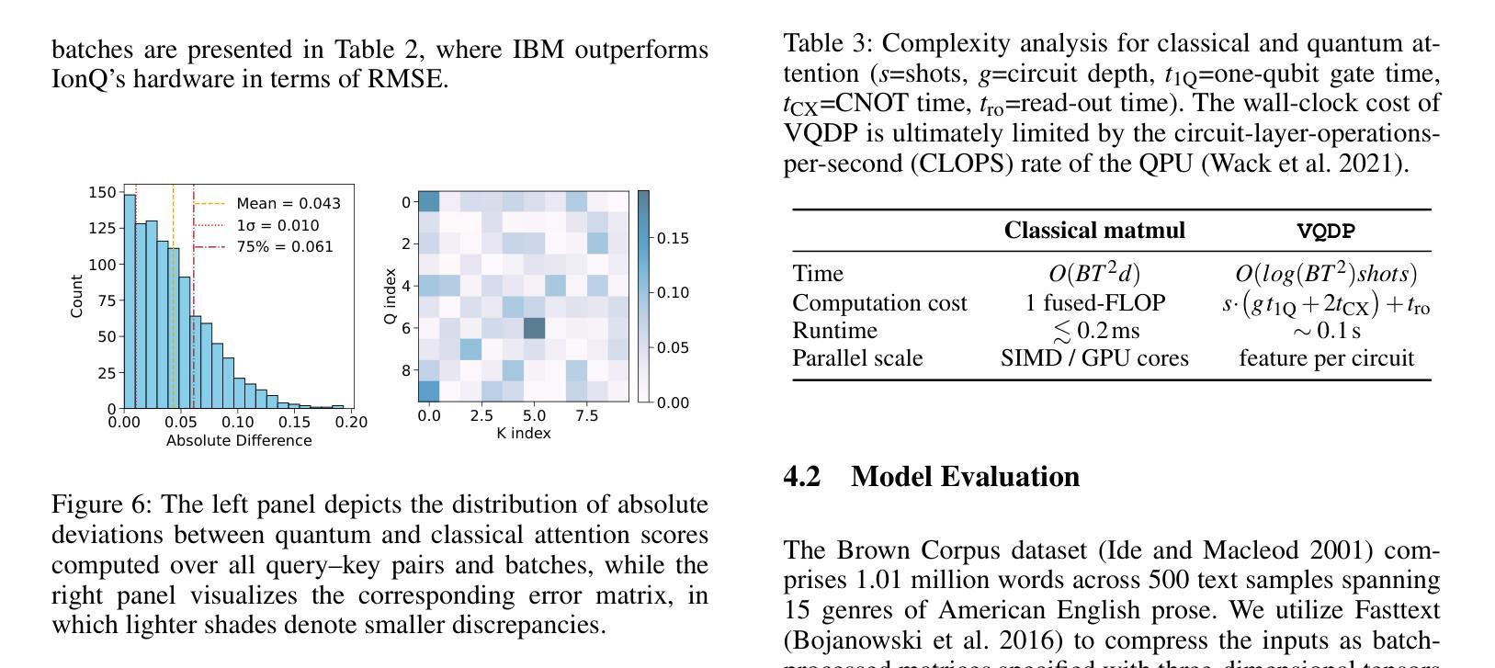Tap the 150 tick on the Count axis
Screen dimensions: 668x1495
(x=102, y=192)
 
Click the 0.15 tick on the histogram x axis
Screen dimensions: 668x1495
(x=295, y=423)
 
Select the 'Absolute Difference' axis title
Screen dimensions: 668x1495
(x=239, y=441)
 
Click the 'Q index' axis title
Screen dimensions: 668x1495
(x=391, y=296)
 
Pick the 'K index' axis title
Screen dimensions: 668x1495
(x=524, y=433)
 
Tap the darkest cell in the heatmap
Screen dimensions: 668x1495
(x=534, y=328)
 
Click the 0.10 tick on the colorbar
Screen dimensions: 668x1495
(x=673, y=293)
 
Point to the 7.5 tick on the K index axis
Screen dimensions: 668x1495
(x=586, y=416)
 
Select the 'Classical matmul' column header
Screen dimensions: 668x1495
(x=1094, y=231)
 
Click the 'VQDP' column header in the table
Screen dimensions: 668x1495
(x=1326, y=232)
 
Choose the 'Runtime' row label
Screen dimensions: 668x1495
(x=834, y=331)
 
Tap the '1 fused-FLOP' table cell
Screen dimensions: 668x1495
(x=1095, y=303)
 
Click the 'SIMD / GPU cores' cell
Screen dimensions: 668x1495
(x=1094, y=358)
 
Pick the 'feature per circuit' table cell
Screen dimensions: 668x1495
(x=1326, y=358)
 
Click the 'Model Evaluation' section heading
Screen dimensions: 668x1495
(x=965, y=477)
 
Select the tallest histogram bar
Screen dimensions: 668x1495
(x=130, y=300)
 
